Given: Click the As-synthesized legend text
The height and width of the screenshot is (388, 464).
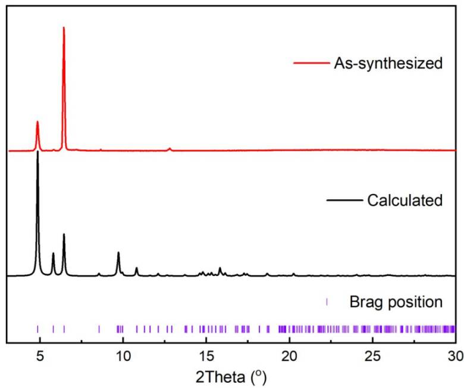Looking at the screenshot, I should pos(388,63).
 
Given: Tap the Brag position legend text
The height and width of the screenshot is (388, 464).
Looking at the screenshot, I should pos(396,302).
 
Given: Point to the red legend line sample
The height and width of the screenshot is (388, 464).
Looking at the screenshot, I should pos(311,63).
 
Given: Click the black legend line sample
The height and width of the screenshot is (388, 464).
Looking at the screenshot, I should pos(344,200).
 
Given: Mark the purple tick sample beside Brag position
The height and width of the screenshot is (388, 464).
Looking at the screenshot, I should pos(327,302).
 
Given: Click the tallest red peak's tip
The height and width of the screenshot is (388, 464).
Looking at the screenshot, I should pos(64,28).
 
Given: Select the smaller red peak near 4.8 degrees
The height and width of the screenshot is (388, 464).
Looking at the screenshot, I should pos(37,122).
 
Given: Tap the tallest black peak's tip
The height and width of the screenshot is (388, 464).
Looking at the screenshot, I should pos(38,152).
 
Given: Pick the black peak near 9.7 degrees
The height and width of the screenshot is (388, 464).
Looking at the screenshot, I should pos(118,253).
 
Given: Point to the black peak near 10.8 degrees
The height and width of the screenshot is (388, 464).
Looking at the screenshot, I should pos(136,268).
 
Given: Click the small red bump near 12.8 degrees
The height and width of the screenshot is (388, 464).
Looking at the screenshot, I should pos(170,148).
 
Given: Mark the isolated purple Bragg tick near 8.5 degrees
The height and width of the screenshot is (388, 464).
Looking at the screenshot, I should pos(99,328).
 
